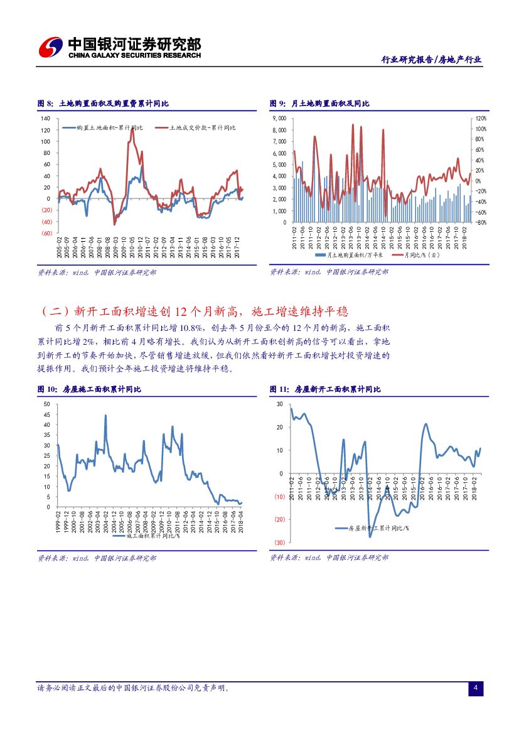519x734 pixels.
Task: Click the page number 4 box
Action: click(x=476, y=689)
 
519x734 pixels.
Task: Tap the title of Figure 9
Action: click(x=319, y=104)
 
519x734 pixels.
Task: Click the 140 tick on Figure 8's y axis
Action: click(x=46, y=119)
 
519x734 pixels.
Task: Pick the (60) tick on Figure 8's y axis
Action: click(x=46, y=233)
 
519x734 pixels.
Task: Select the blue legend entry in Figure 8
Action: click(x=103, y=128)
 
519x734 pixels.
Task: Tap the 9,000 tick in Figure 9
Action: click(x=279, y=119)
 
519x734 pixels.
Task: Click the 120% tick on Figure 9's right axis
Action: click(x=480, y=119)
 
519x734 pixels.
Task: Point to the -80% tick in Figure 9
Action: click(x=480, y=222)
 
